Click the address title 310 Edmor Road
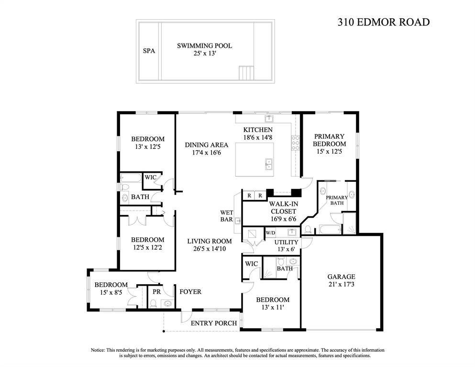[384, 22]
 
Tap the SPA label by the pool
[149, 51]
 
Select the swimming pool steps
[245, 73]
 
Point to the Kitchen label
[258, 130]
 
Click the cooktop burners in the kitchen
[295, 143]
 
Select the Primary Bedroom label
[329, 140]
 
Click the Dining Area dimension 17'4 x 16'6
[207, 153]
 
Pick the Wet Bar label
[227, 216]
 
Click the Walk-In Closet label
[283, 208]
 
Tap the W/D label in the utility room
[271, 233]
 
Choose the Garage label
[341, 277]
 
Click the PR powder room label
[156, 292]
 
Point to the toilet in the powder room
[153, 303]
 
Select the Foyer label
[190, 292]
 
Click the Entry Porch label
[213, 323]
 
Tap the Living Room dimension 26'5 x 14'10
[210, 249]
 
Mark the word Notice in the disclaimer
[98, 350]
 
